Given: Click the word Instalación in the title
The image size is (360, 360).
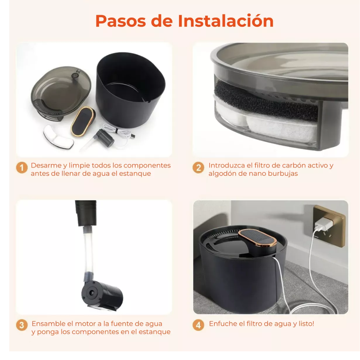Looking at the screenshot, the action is pyautogui.click(x=226, y=21).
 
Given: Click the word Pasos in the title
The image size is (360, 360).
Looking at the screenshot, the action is pyautogui.click(x=121, y=21).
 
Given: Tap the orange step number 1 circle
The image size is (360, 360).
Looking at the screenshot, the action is pyautogui.click(x=22, y=168).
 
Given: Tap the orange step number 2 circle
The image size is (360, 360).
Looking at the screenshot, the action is pyautogui.click(x=198, y=168).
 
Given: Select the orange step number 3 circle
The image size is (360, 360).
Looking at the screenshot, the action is pyautogui.click(x=22, y=325).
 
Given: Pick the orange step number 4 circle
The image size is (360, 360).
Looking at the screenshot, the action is pyautogui.click(x=198, y=325).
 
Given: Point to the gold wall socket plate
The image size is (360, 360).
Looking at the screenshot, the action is pyautogui.click(x=329, y=226).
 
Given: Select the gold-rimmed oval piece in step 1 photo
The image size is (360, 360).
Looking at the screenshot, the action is pyautogui.click(x=83, y=122).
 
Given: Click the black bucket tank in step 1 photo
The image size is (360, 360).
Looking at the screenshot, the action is pyautogui.click(x=130, y=90).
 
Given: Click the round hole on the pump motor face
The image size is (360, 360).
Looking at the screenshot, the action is pyautogui.click(x=92, y=293).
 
